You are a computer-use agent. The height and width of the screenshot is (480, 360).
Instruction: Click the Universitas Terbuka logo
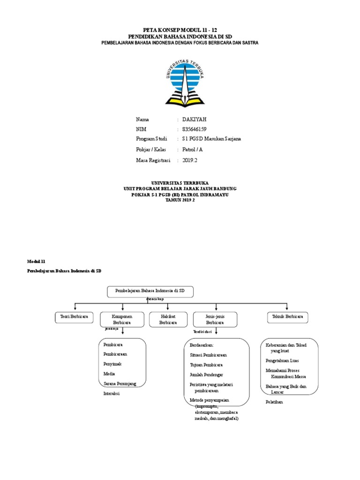tap(185, 82)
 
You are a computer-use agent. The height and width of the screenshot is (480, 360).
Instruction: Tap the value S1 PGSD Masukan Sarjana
tap(212, 139)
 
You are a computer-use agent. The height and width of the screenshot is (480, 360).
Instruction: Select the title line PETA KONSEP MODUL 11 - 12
tap(180, 29)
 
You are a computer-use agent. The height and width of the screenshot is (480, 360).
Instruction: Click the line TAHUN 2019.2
tap(180, 200)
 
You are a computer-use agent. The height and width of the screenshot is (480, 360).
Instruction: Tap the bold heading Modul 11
tap(36, 261)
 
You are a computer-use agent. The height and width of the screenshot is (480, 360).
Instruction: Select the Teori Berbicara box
tap(74, 317)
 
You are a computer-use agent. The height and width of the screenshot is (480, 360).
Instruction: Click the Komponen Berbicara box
tap(122, 320)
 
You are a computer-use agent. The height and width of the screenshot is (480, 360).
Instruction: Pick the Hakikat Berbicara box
tap(168, 320)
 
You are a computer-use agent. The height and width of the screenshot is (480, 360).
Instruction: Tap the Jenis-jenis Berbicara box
tap(215, 320)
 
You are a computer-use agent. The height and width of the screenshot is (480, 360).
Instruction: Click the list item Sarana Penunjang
tap(120, 383)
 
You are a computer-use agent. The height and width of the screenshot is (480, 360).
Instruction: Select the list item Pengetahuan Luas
tap(282, 360)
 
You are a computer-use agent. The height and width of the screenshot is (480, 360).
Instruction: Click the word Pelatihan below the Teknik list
tap(274, 402)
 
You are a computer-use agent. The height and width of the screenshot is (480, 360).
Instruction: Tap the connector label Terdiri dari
tap(202, 332)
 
